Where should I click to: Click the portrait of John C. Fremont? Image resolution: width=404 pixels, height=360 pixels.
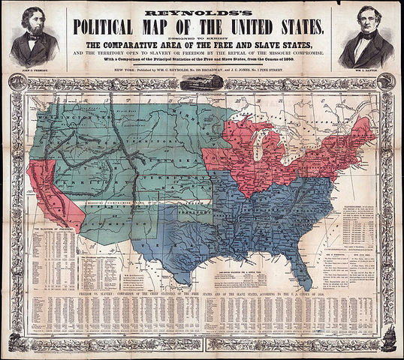(x=35, y=37)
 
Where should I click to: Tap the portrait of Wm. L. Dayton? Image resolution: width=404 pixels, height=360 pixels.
(x=369, y=37)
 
